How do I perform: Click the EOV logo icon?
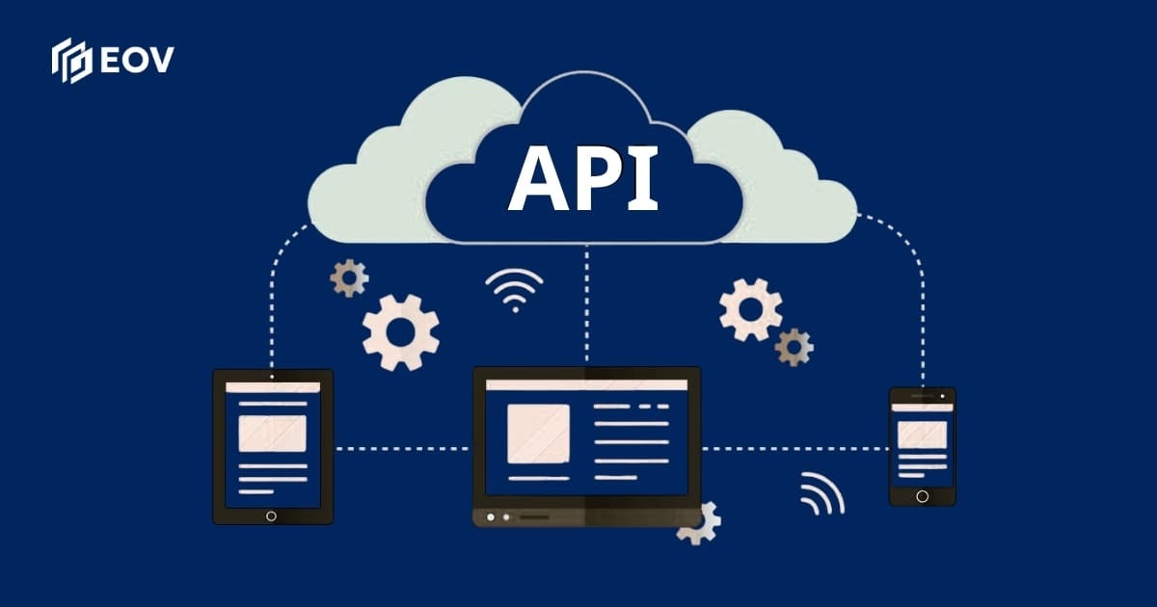[x=71, y=60]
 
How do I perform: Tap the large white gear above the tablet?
[x=400, y=332]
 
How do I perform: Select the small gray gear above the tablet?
[x=349, y=277]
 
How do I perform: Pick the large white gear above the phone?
[x=750, y=308]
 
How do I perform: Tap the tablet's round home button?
[x=271, y=515]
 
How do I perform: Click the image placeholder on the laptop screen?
[x=538, y=434]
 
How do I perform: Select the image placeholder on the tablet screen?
[x=272, y=434]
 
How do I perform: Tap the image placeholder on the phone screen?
[x=922, y=435]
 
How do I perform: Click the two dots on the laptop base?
[x=498, y=517]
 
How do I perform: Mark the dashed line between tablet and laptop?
[x=402, y=448]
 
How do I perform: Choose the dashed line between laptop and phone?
[x=794, y=448]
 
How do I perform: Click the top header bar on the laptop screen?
[x=586, y=384]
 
